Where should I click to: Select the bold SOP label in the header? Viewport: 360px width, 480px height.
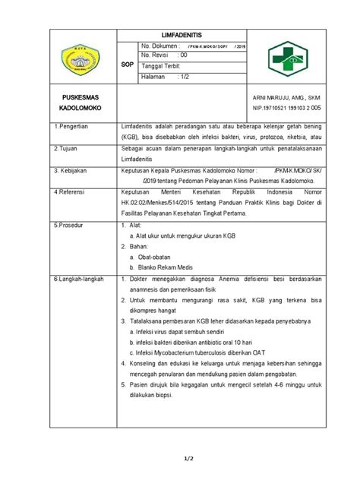click(128, 65)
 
